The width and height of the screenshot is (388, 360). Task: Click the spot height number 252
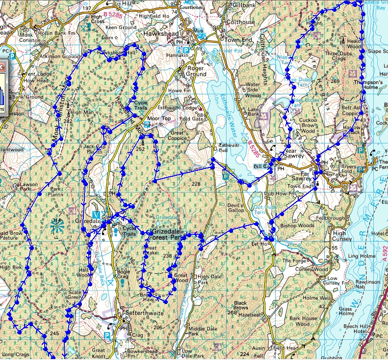pyautogui.click(x=141, y=149)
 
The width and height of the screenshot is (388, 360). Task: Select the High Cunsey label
pyautogui.click(x=342, y=236)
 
